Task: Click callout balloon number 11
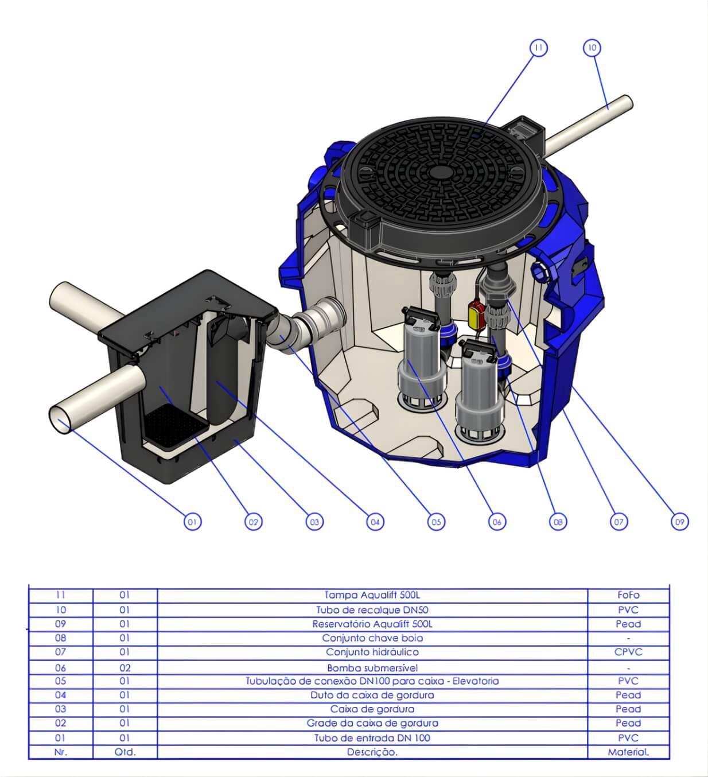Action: click(x=538, y=48)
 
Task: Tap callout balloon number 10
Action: click(x=592, y=48)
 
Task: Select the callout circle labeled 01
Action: click(x=192, y=522)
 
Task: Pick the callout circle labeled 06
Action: click(x=497, y=522)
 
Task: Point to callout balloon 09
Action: click(x=679, y=522)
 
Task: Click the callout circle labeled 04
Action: click(x=375, y=522)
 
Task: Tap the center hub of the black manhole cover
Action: click(x=440, y=173)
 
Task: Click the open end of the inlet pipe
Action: click(x=60, y=419)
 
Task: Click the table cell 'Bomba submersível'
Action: click(x=372, y=667)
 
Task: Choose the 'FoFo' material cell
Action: click(x=628, y=595)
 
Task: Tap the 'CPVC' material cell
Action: click(x=628, y=652)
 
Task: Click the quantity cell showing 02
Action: click(x=125, y=667)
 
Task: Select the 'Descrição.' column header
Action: click(x=372, y=752)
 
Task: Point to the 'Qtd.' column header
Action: click(x=125, y=752)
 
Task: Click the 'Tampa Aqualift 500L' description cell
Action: click(x=372, y=595)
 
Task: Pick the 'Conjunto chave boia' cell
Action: click(x=372, y=638)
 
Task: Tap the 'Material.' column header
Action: click(x=628, y=752)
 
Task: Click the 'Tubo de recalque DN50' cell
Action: click(x=372, y=609)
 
